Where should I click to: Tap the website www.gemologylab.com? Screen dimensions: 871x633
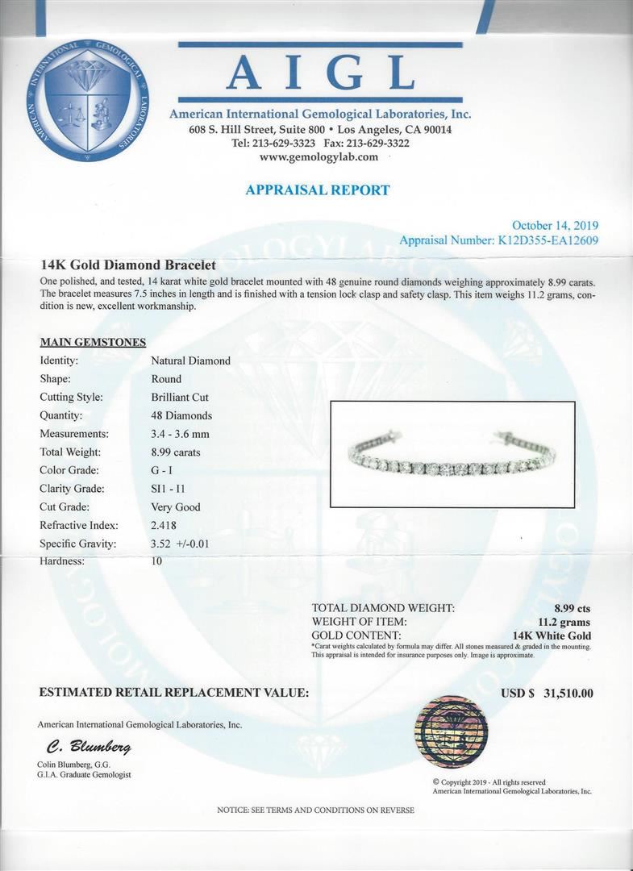coord(319,157)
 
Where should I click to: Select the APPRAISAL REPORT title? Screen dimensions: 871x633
coord(317,190)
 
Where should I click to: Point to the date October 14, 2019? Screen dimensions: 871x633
coord(556,226)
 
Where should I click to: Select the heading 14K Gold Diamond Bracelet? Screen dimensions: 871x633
coord(127,265)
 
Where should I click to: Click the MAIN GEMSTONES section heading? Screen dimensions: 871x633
coord(92,343)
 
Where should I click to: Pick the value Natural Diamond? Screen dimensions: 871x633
coord(190,360)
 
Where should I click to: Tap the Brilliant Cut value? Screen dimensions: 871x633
coord(180,397)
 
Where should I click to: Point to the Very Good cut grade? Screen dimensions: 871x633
coord(176,507)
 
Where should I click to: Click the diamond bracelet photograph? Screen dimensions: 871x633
coord(452,453)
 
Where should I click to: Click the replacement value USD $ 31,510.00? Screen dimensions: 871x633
coord(547,693)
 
